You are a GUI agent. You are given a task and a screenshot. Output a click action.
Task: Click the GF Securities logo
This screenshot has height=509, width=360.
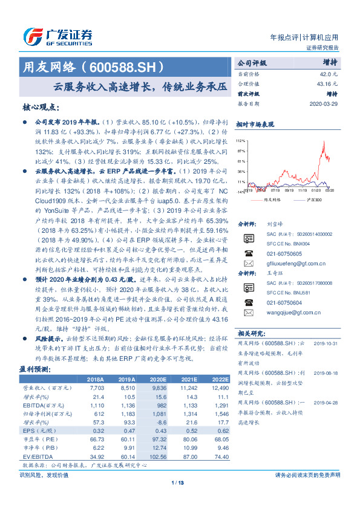pyautogui.click(x=57, y=35)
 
